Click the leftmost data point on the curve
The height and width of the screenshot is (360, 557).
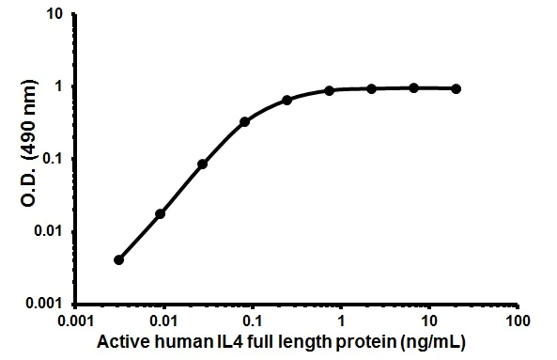coord(118,259)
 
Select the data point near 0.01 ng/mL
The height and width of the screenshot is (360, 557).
coord(161,213)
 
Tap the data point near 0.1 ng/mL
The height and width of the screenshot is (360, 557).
coord(244,121)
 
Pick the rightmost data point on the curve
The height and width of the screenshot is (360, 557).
coord(456,88)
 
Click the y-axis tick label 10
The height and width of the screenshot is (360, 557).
coord(56,16)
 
